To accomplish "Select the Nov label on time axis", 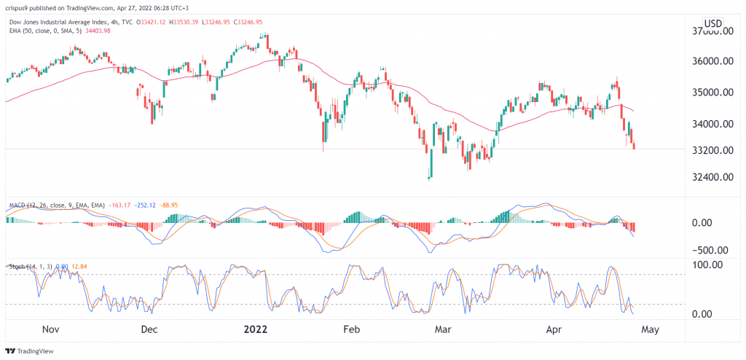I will pos(50,329).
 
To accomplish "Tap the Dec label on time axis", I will pos(149,329).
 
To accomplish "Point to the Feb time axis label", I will pos(352,329).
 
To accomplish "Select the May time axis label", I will pos(650,329).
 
